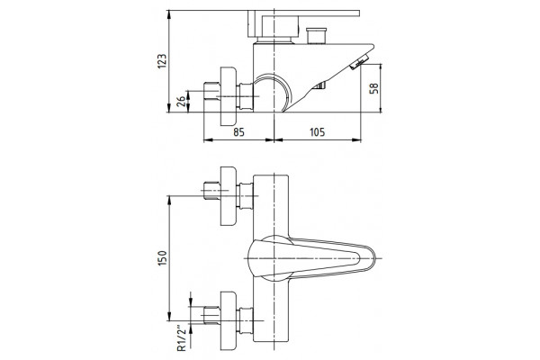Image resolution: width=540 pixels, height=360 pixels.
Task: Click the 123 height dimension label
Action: coord(162,61)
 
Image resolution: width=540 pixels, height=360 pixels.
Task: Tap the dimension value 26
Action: coord(181,101)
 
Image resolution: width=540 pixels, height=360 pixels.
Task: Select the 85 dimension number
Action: coord(238,132)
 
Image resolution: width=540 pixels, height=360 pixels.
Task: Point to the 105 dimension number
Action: coord(317,132)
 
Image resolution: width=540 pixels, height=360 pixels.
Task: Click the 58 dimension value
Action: coord(373,88)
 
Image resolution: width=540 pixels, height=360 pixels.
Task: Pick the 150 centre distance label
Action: coord(162,257)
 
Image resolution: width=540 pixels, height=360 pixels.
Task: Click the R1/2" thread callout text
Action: coord(182,338)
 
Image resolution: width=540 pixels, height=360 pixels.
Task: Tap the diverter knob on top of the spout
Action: coord(316,35)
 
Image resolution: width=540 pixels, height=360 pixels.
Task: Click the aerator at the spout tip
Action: coord(359,63)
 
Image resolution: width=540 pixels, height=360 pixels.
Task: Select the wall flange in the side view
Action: coord(228,95)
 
